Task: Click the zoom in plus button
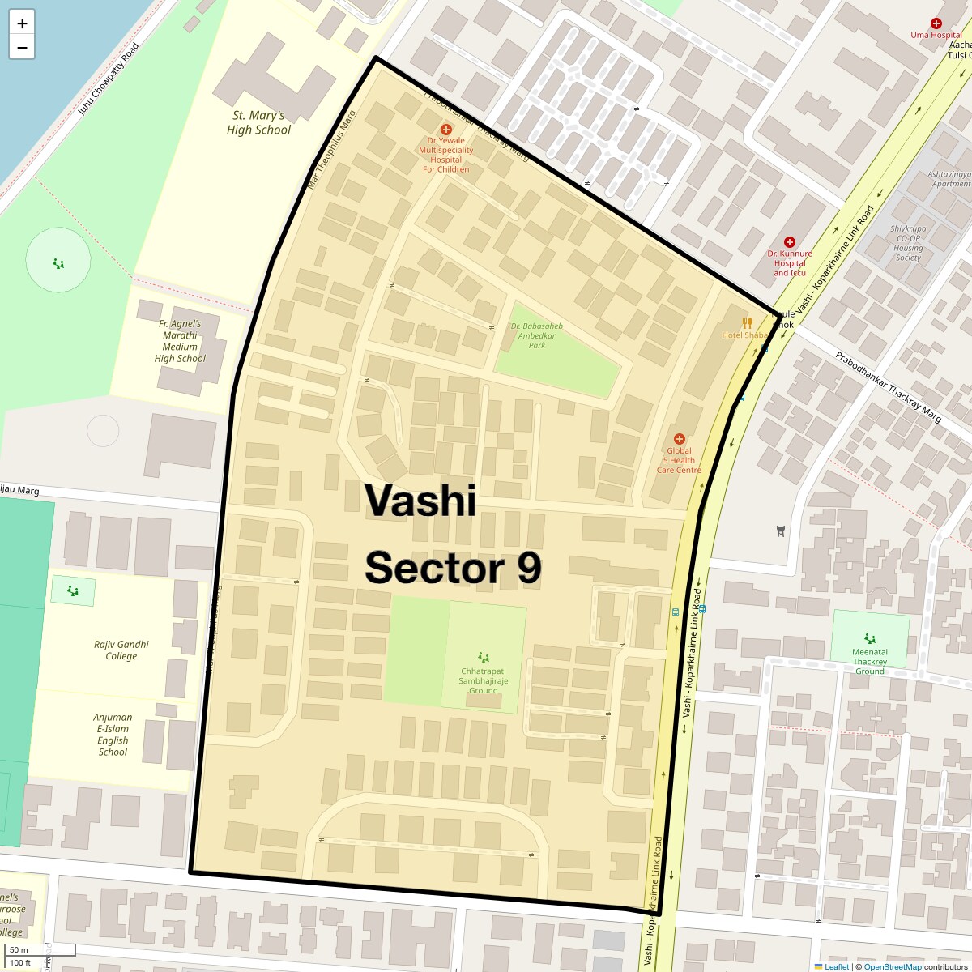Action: pos(22,23)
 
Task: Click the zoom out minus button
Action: pos(22,48)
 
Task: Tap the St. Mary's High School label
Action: pos(258,123)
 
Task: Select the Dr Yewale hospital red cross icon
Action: pos(446,130)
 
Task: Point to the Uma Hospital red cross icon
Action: pos(936,23)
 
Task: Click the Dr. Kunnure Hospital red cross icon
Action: pos(790,242)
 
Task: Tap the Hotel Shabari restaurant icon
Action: pos(747,322)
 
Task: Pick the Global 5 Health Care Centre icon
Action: pos(679,439)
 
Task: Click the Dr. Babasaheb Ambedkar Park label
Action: pos(536,335)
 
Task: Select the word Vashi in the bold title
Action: pos(420,500)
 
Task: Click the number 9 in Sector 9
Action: pos(529,568)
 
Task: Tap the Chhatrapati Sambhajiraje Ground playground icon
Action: pos(484,657)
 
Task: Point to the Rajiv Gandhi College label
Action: pos(122,650)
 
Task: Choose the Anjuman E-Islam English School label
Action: pos(113,735)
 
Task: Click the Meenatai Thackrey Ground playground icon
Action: pos(870,638)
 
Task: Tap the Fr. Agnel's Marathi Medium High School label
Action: pos(180,341)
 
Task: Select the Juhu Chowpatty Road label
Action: pos(108,79)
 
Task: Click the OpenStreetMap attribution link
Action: pos(892,966)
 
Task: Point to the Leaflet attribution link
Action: pos(837,966)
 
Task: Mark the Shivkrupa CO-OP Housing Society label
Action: pos(908,243)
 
